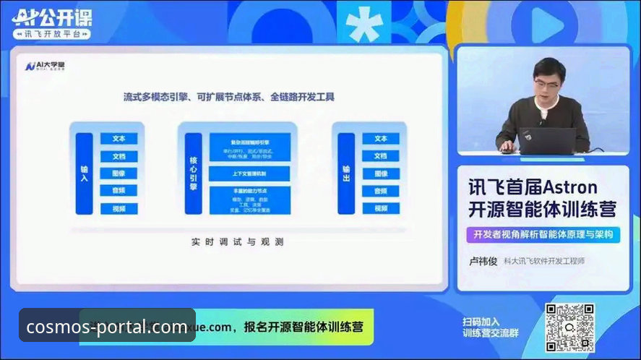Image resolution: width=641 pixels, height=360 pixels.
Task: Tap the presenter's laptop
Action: (x=548, y=141)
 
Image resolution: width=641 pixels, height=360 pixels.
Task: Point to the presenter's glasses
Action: (x=547, y=82)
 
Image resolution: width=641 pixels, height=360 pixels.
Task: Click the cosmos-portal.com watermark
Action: (x=107, y=327)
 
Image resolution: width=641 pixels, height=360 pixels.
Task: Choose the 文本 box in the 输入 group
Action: (x=119, y=139)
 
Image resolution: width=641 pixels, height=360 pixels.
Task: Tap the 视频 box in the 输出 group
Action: (x=381, y=208)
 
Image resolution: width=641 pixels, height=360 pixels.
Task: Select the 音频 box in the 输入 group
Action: (x=119, y=191)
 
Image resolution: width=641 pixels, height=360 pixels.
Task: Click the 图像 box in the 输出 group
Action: (x=381, y=173)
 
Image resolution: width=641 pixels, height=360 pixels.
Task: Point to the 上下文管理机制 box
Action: (x=249, y=173)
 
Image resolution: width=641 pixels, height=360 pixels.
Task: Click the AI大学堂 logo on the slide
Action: (x=45, y=67)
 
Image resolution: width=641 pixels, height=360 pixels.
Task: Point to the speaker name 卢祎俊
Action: (x=483, y=261)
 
